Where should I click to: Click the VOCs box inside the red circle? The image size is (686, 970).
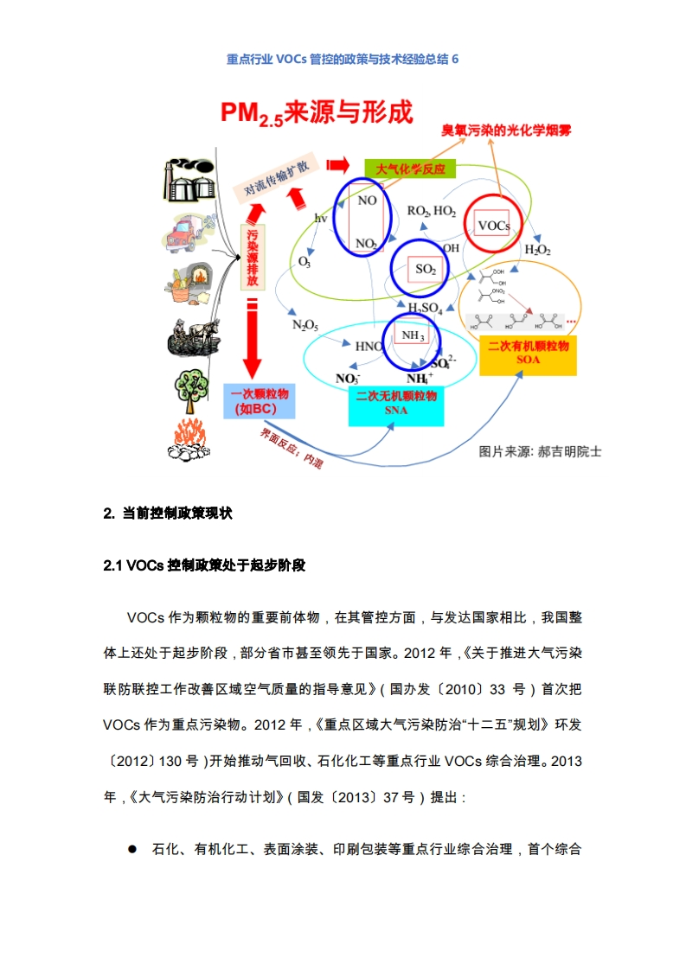point(494,227)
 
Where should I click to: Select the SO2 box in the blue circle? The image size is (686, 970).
point(426,269)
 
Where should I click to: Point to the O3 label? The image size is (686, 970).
point(305,260)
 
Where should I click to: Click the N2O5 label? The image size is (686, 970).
point(305,325)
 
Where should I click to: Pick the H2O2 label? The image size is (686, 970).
point(537,250)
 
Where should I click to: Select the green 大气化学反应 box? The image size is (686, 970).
point(410,169)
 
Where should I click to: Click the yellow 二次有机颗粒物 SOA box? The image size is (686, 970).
point(528,353)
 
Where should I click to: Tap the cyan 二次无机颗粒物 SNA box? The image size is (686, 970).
point(395,404)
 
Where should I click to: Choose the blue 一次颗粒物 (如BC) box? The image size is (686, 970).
point(259,401)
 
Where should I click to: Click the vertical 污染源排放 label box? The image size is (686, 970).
point(252,257)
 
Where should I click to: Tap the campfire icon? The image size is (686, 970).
point(189,439)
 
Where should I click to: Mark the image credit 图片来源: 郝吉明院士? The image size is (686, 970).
point(540,451)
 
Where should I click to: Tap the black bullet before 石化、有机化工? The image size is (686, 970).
point(132,849)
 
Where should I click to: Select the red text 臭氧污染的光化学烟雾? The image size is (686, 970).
point(505,131)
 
